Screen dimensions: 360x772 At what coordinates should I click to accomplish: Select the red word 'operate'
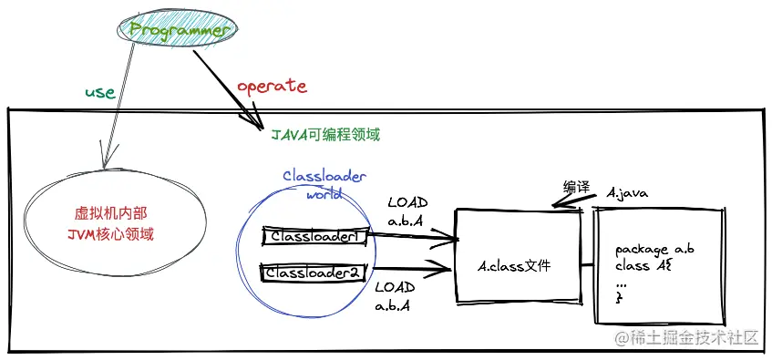272,86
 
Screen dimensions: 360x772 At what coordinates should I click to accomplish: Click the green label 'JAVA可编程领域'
325,135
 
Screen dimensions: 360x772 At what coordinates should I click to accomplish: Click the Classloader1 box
314,236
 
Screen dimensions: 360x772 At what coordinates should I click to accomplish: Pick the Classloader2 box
314,272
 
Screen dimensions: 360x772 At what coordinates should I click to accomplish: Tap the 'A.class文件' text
516,266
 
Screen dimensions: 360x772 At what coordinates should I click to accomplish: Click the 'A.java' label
626,193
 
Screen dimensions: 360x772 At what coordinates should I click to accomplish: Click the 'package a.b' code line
655,249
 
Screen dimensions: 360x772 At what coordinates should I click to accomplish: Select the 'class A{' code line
643,265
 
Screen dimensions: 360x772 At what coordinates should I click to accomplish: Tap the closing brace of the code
620,298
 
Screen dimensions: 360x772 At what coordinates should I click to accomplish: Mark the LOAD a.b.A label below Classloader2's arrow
394,296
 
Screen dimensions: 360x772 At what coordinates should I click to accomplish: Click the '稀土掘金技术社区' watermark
688,338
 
